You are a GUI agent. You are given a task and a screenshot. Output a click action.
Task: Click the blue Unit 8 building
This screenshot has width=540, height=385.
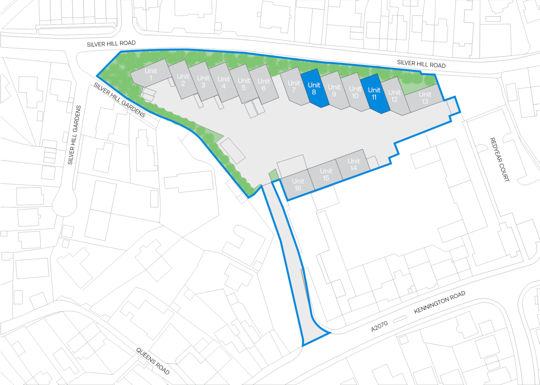pyautogui.click(x=314, y=88)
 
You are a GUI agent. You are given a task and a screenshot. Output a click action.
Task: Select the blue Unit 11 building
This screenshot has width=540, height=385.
pyautogui.click(x=374, y=94)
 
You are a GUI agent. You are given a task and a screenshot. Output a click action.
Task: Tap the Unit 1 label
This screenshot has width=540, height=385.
pyautogui.click(x=151, y=74)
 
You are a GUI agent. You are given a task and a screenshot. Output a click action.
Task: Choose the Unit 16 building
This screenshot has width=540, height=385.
pyautogui.click(x=298, y=185)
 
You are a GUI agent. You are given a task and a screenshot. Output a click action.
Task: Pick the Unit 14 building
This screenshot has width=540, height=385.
pyautogui.click(x=353, y=164)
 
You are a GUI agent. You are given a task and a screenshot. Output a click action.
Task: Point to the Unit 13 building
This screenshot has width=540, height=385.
pyautogui.click(x=425, y=98)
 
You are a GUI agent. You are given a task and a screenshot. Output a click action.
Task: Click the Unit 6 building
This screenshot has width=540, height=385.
pyautogui.click(x=264, y=85)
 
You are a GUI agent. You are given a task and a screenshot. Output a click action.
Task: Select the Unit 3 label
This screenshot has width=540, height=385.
pyautogui.click(x=203, y=81)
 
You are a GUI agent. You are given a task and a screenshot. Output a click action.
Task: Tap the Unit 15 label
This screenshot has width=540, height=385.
pyautogui.click(x=326, y=175)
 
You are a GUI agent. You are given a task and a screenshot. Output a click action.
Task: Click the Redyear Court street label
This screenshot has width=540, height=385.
pyautogui.click(x=499, y=159)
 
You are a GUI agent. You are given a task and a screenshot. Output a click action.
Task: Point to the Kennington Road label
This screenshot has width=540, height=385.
pyautogui.click(x=439, y=302)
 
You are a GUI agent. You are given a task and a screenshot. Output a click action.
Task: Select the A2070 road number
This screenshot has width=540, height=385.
pyautogui.click(x=379, y=326)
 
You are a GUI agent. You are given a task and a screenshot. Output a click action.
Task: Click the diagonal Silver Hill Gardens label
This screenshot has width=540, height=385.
pyautogui.click(x=119, y=100)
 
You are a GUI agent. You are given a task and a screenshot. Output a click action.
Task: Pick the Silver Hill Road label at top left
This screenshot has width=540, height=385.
pyautogui.click(x=111, y=43)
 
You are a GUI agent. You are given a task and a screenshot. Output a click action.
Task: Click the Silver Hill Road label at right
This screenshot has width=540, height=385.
pyautogui.click(x=421, y=64)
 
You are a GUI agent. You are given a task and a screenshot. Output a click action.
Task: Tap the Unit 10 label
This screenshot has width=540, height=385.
pyautogui.click(x=355, y=92)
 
